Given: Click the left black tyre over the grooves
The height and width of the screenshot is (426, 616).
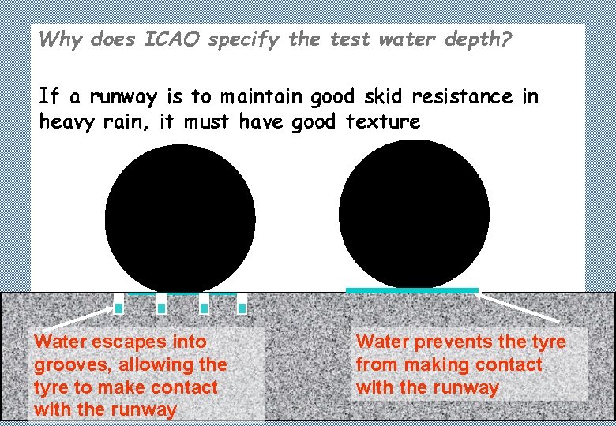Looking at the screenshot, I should click(180, 219).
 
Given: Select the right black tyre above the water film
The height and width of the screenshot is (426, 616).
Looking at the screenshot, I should click(414, 214).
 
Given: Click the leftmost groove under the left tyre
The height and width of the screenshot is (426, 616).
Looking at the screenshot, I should click(119, 304).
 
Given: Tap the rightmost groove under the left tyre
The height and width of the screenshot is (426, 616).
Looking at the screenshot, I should click(242, 304).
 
